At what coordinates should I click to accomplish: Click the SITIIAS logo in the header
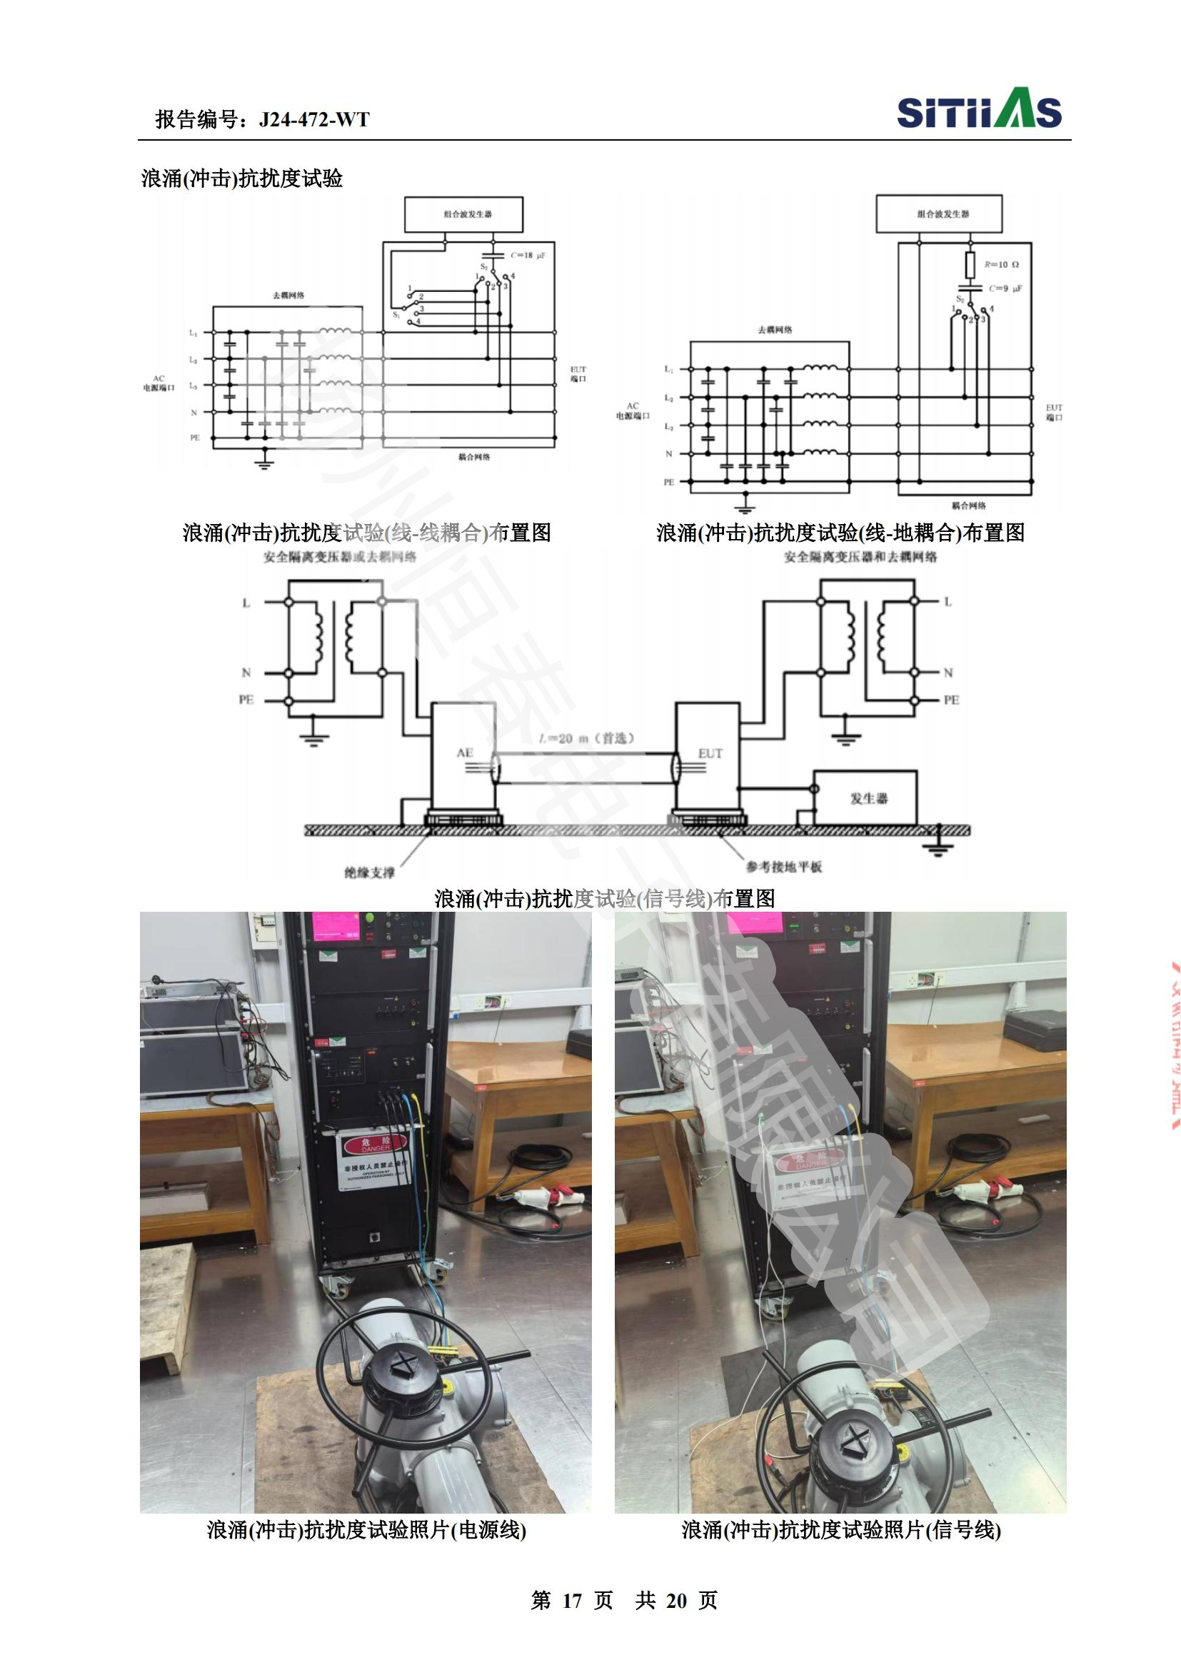pos(979,113)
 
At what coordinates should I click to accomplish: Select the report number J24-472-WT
pos(313,119)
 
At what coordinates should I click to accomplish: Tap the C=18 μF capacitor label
pos(527,256)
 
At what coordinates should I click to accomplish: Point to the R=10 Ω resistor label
pos(1001,265)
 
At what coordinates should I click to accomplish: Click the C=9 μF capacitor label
pos(1005,288)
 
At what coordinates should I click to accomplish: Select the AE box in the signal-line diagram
pos(465,764)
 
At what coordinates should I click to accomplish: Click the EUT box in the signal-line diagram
pos(709,764)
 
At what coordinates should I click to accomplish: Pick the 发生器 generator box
pos(865,798)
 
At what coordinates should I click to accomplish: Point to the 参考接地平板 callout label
pos(783,866)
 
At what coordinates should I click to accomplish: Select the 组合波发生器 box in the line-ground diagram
pos(938,215)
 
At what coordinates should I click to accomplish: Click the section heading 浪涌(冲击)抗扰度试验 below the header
pos(241,179)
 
